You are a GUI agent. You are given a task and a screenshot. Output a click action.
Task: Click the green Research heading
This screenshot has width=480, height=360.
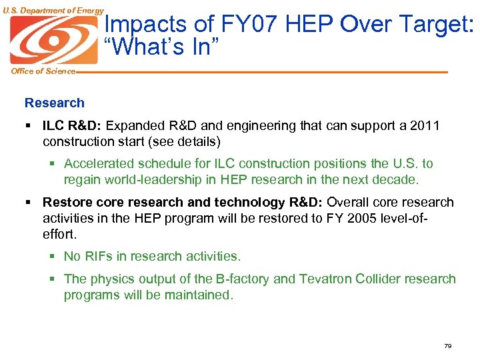point(55,103)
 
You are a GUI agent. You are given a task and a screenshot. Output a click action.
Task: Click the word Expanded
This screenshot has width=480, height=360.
point(132,125)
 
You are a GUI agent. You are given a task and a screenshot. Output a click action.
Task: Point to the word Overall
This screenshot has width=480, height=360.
point(349,202)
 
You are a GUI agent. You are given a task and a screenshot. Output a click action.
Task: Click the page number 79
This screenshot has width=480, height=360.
point(447,346)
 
